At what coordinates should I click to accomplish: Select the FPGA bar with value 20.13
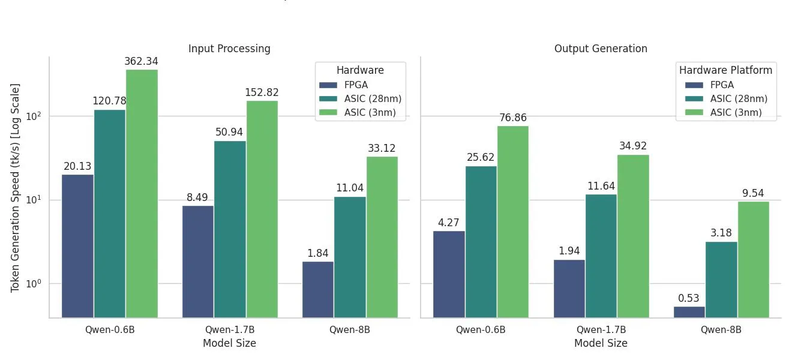click(x=77, y=245)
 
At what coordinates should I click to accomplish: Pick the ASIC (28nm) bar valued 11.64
click(x=601, y=256)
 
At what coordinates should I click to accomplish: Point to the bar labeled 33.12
click(x=382, y=237)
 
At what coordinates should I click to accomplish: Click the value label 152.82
click(x=262, y=92)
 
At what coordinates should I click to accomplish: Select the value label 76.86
click(x=512, y=118)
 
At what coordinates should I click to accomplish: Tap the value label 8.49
click(x=197, y=197)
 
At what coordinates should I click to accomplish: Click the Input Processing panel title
click(x=229, y=49)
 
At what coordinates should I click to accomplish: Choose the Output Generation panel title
click(x=601, y=49)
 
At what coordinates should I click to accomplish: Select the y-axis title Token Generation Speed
click(x=16, y=188)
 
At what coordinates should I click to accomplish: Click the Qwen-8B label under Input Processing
click(x=350, y=329)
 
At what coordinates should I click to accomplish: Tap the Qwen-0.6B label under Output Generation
click(x=481, y=329)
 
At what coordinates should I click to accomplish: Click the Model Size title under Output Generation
click(x=601, y=343)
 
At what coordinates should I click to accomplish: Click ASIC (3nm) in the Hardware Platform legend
click(x=736, y=112)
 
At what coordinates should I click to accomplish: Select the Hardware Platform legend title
click(x=725, y=70)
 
